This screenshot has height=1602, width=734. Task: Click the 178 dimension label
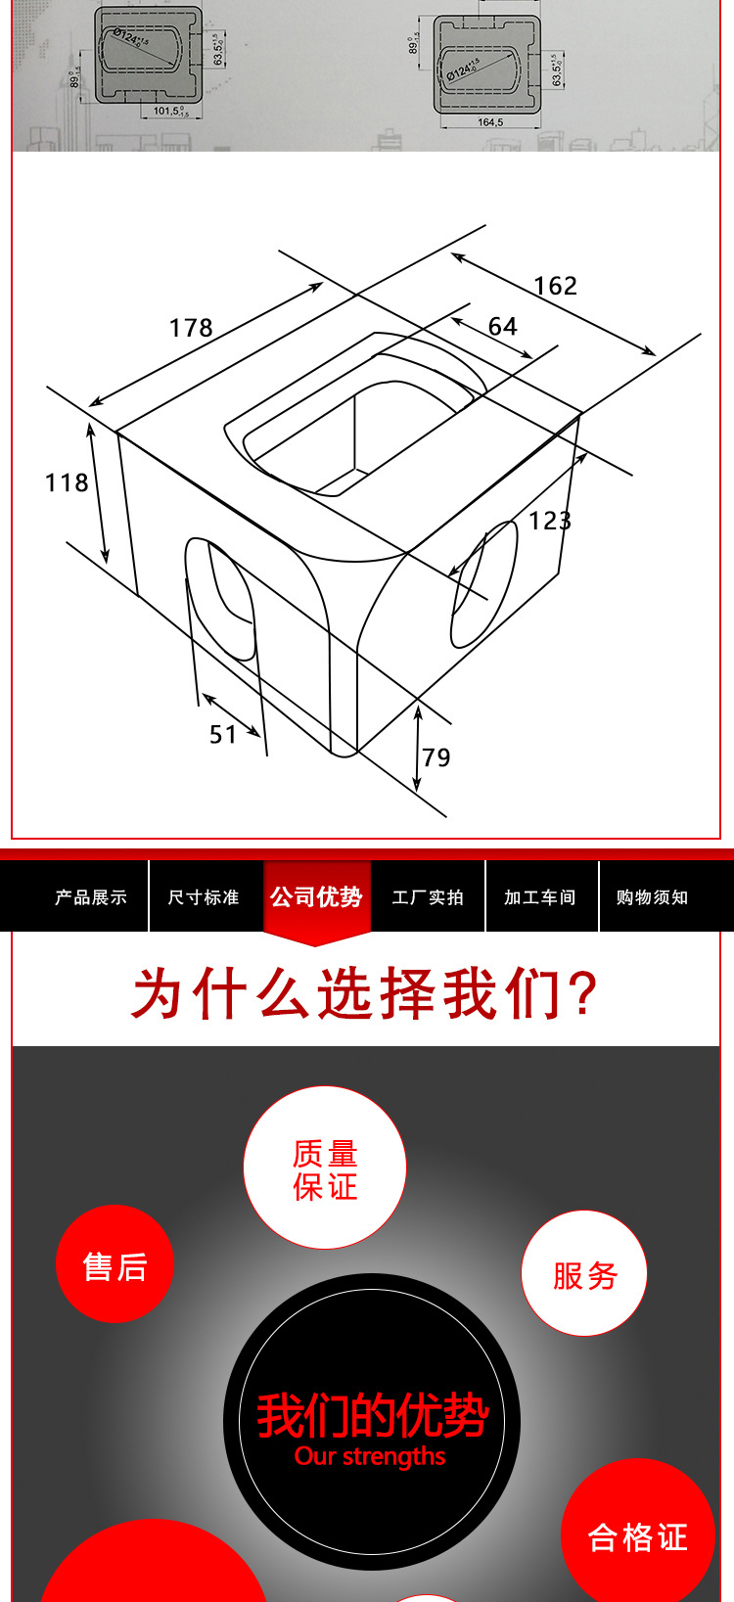[x=191, y=328]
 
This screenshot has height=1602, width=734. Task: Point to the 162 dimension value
[x=556, y=286]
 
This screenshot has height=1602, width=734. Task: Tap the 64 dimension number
[x=503, y=327]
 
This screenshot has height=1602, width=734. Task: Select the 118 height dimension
[x=67, y=482]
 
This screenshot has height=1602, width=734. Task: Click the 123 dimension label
[x=549, y=521]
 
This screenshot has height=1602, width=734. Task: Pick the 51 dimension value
[x=223, y=735]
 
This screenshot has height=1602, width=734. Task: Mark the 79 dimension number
[x=436, y=757]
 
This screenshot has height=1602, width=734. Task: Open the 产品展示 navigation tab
[x=91, y=897]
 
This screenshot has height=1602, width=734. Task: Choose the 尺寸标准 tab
[x=204, y=897]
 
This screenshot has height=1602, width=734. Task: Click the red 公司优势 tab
[x=316, y=897]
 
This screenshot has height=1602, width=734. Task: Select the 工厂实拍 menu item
[x=428, y=897]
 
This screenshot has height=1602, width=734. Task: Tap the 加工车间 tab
[x=540, y=897]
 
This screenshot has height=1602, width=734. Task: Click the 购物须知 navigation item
[x=652, y=897]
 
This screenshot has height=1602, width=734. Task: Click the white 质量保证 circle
[x=325, y=1168]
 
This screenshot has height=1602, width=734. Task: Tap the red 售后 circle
[x=115, y=1265]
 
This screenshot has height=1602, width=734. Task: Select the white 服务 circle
[x=584, y=1274]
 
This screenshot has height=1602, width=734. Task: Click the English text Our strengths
[x=370, y=1456]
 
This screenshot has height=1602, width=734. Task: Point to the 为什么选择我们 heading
[x=365, y=993]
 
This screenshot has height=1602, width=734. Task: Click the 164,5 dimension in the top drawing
[x=490, y=122]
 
